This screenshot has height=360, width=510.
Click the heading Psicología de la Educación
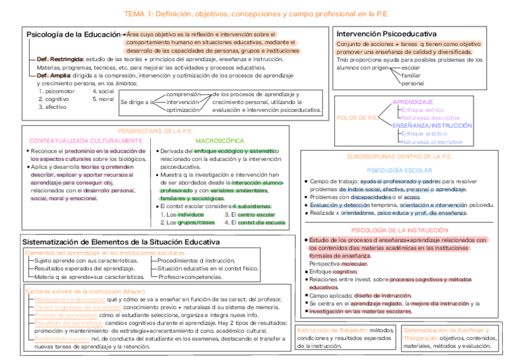click(73, 35)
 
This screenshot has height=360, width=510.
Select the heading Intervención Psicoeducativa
click(386, 34)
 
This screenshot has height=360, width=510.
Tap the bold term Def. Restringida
click(60, 59)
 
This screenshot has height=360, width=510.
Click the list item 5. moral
click(103, 99)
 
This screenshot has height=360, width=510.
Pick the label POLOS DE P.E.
click(357, 118)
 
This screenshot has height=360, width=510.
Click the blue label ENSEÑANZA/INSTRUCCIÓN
click(432, 126)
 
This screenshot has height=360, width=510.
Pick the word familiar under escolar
click(411, 76)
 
